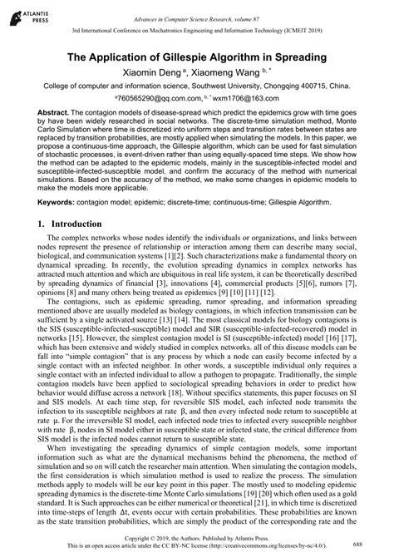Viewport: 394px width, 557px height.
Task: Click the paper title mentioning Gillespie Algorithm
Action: [196, 59]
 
